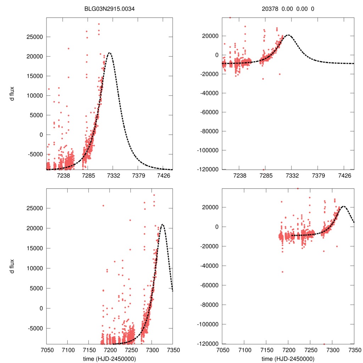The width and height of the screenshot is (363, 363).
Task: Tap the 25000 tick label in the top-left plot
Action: coord(35,37)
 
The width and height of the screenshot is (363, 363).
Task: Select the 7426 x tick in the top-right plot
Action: coord(345,175)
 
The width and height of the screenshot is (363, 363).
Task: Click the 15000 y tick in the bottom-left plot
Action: coord(35,248)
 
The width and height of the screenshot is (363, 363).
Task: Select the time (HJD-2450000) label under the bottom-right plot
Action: coord(288,358)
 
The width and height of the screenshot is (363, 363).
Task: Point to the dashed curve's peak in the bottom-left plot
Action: coord(162,224)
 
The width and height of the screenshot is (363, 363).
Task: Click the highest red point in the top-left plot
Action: coord(99,24)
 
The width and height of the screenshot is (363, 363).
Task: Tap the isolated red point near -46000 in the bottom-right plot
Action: coord(283,272)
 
